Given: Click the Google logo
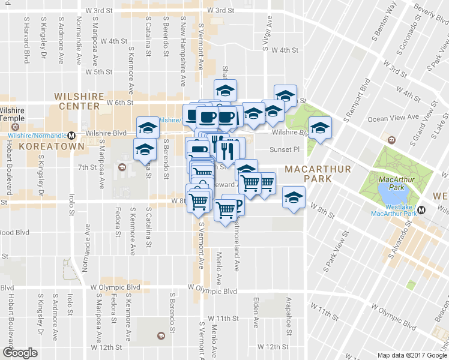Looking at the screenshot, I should pos(19,353).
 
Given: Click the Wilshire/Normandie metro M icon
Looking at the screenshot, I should pos(71,134).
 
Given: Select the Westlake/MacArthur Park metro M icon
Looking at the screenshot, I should pos(421,210).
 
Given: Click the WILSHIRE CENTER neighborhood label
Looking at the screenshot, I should pos(76,101).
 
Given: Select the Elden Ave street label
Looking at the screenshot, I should pos(256,312).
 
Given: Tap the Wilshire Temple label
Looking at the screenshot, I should pos(12,115).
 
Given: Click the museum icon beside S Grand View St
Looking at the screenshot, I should pos(393,139).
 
